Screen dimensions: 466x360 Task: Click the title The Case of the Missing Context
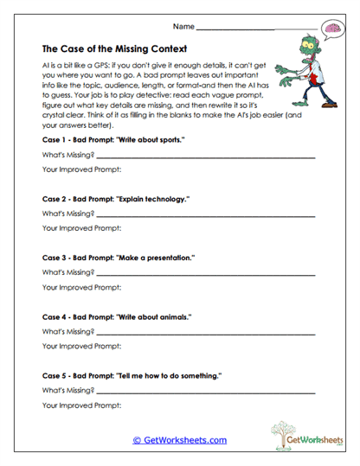[113, 49]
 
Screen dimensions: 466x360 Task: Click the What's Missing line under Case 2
[205, 215]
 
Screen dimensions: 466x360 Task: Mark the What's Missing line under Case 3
[205, 275]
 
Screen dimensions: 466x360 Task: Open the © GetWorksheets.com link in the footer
[179, 440]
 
